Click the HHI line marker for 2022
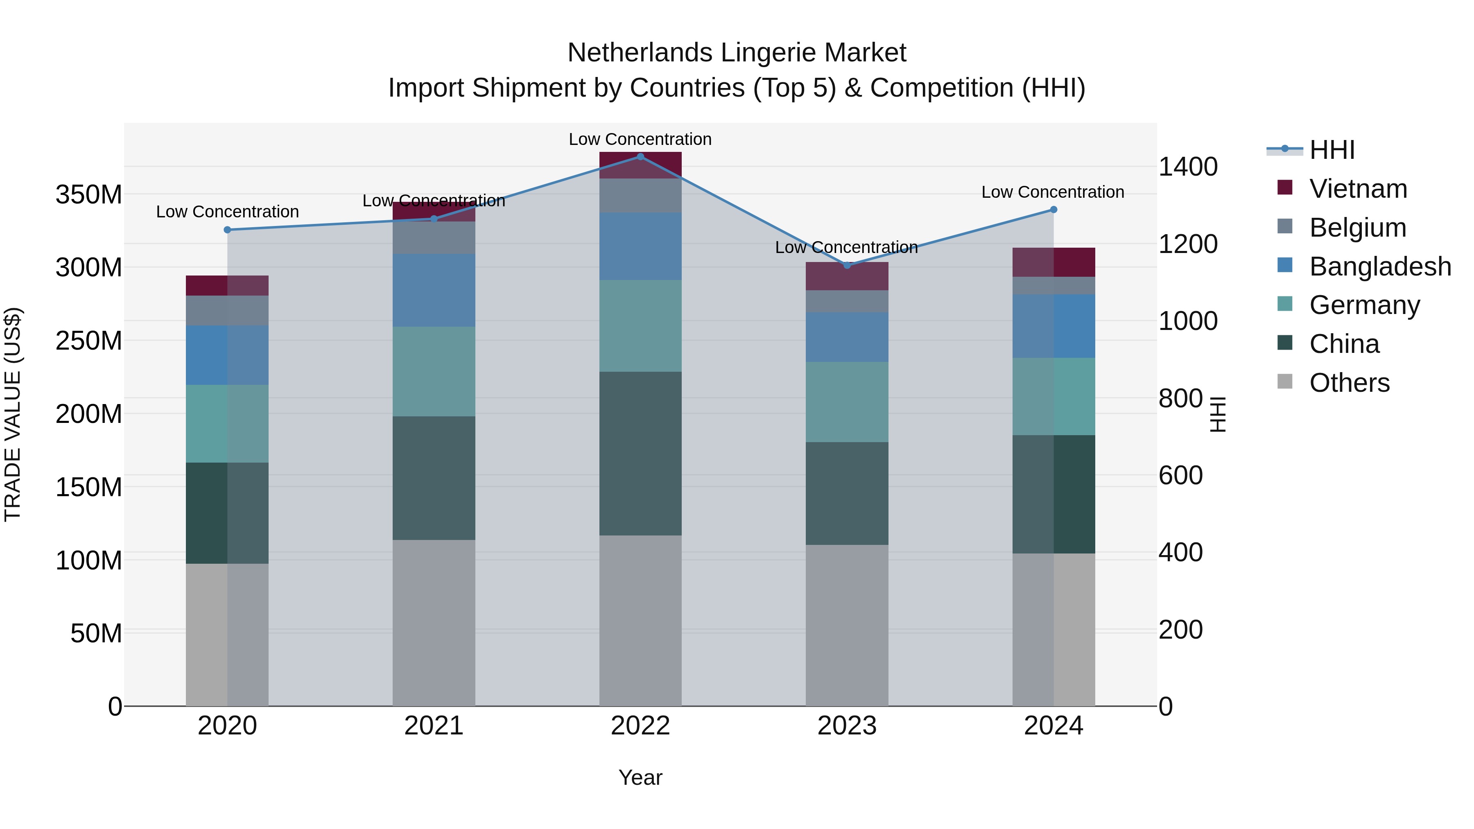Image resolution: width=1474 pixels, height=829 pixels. point(640,157)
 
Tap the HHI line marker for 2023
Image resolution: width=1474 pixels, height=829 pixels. point(847,265)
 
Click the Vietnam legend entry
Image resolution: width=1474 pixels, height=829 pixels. point(1358,189)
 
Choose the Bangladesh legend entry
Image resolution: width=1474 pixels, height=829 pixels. point(1379,267)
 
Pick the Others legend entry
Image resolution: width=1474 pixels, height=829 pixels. point(1349,383)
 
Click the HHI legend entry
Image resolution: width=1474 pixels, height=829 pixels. point(1332,150)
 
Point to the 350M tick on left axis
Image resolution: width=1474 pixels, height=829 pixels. point(89,194)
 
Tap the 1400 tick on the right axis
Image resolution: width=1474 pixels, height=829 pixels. point(1188,167)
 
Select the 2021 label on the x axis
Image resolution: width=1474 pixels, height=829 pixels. point(434,726)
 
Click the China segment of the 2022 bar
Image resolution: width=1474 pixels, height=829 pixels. point(640,453)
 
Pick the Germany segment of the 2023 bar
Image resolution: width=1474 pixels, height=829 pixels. point(847,402)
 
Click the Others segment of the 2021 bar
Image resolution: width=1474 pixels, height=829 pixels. point(434,622)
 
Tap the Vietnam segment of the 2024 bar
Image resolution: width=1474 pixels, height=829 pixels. point(1054,262)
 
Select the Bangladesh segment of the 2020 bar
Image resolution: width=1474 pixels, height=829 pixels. point(227,355)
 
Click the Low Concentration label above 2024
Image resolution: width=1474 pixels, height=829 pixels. point(1052,192)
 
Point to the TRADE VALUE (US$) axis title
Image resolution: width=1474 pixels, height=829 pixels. point(13,414)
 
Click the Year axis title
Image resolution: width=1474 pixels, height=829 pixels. point(640,777)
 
